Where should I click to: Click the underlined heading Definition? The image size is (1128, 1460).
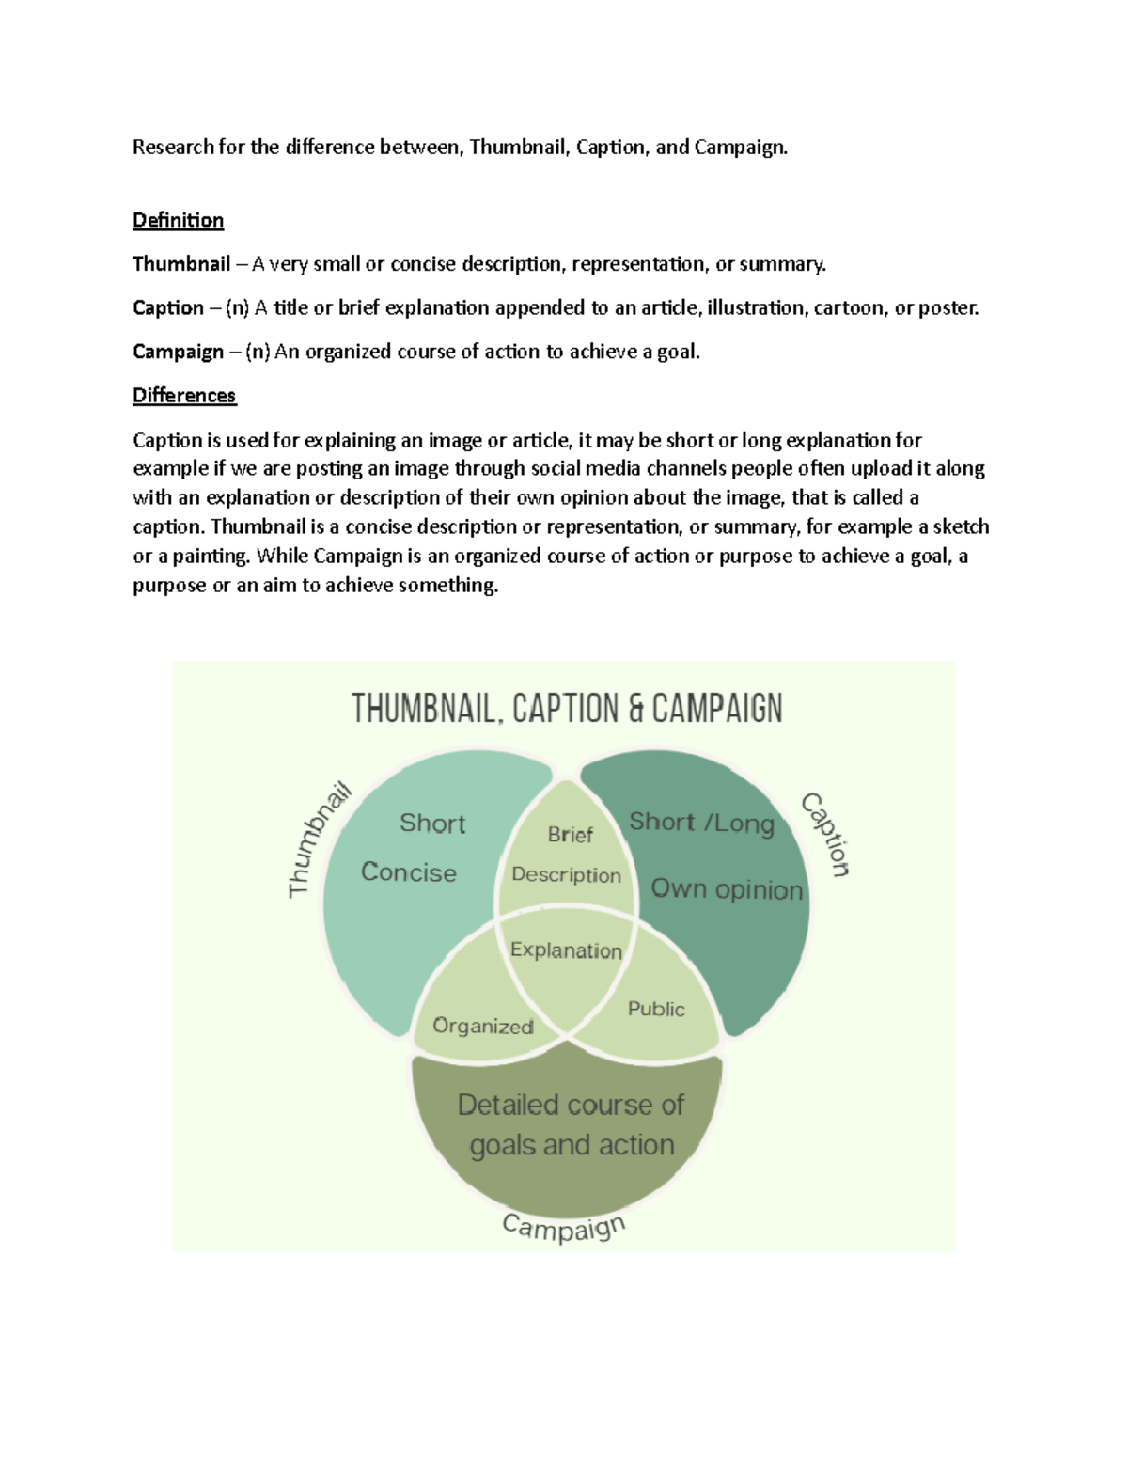coord(178,220)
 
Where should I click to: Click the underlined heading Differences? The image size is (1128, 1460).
coord(184,395)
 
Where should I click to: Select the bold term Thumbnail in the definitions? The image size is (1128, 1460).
coord(181,264)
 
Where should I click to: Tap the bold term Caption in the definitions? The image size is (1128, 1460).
coord(168,307)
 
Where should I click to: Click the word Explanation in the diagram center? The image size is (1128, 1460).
coord(566,950)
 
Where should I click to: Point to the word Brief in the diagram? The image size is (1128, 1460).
coord(570,835)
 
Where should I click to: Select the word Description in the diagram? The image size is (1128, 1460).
coord(566,874)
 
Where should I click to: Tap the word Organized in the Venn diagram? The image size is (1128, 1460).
coord(483,1026)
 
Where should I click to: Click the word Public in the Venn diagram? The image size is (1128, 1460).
coord(656,1009)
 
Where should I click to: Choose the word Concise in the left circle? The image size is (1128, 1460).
coord(409,872)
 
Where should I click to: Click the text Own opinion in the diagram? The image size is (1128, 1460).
coord(727,889)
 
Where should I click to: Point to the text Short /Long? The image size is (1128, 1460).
coord(701,823)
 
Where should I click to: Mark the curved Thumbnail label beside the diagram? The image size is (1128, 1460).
coord(317,840)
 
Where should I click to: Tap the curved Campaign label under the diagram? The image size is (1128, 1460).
coord(564,1226)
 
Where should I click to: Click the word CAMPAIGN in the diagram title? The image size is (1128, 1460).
coord(717,708)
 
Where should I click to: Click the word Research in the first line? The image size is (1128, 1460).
coord(173,147)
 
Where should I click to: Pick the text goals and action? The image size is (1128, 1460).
coord(572,1145)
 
